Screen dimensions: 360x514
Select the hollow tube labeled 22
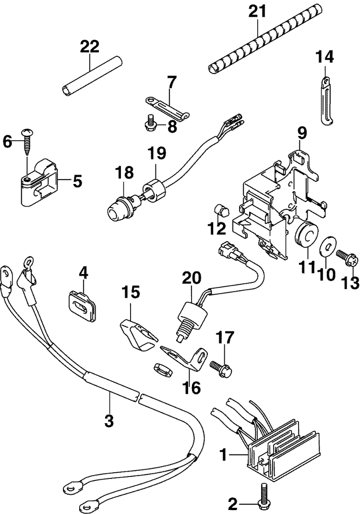click(92, 75)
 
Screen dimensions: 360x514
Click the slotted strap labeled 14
click(326, 100)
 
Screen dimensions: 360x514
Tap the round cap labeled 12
click(222, 210)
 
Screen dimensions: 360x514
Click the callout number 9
click(302, 134)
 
